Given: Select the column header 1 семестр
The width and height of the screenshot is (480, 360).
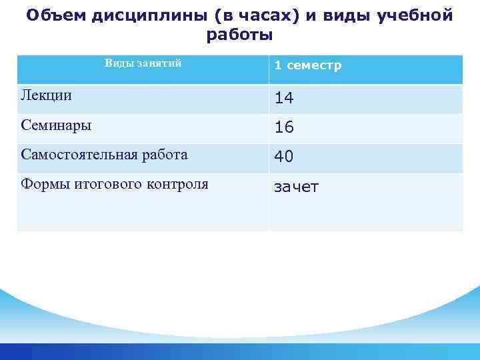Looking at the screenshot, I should coord(308,65).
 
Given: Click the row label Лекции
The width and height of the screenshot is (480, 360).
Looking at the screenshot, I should coord(47,95).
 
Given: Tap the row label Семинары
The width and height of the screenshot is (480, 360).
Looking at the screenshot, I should coord(57,125).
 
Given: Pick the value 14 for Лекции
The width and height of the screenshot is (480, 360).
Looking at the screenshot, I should coord(284,98).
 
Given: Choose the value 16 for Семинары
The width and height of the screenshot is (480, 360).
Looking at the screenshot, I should coord(284,127).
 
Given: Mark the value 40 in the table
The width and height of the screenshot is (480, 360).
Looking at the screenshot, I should coord(284,157).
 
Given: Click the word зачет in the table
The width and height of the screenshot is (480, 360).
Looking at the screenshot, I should coord(297,187).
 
